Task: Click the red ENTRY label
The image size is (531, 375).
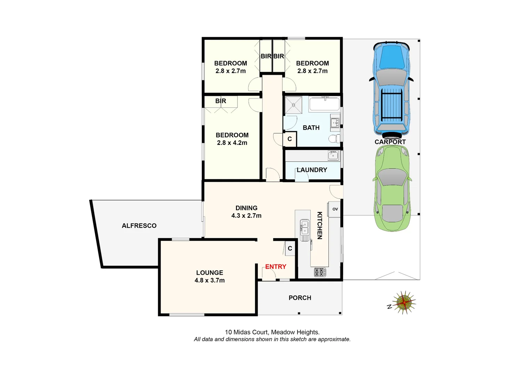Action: (x=276, y=267)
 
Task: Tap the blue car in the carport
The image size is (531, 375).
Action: (x=391, y=89)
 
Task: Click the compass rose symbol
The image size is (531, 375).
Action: (x=404, y=302)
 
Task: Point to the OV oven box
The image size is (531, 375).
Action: (x=335, y=209)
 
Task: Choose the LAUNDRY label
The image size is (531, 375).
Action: (x=312, y=170)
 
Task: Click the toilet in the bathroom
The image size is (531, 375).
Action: (x=334, y=139)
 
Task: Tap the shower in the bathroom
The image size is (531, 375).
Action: (x=294, y=105)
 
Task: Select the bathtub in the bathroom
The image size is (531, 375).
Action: (x=324, y=104)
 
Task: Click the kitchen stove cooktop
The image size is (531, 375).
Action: (x=320, y=272)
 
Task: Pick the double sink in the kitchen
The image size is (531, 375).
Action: (x=305, y=228)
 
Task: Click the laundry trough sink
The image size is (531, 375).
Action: (x=333, y=155)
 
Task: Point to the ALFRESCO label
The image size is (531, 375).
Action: (x=139, y=226)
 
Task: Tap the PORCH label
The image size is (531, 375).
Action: (x=300, y=298)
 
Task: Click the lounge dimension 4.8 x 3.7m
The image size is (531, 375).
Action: (x=210, y=280)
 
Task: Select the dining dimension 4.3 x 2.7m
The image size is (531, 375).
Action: (x=246, y=216)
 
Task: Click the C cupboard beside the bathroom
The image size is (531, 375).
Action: (x=289, y=139)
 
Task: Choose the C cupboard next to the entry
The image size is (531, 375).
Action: (x=290, y=249)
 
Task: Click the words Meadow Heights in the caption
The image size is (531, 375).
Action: (x=295, y=332)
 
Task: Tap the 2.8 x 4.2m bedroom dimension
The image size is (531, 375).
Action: (x=232, y=143)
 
